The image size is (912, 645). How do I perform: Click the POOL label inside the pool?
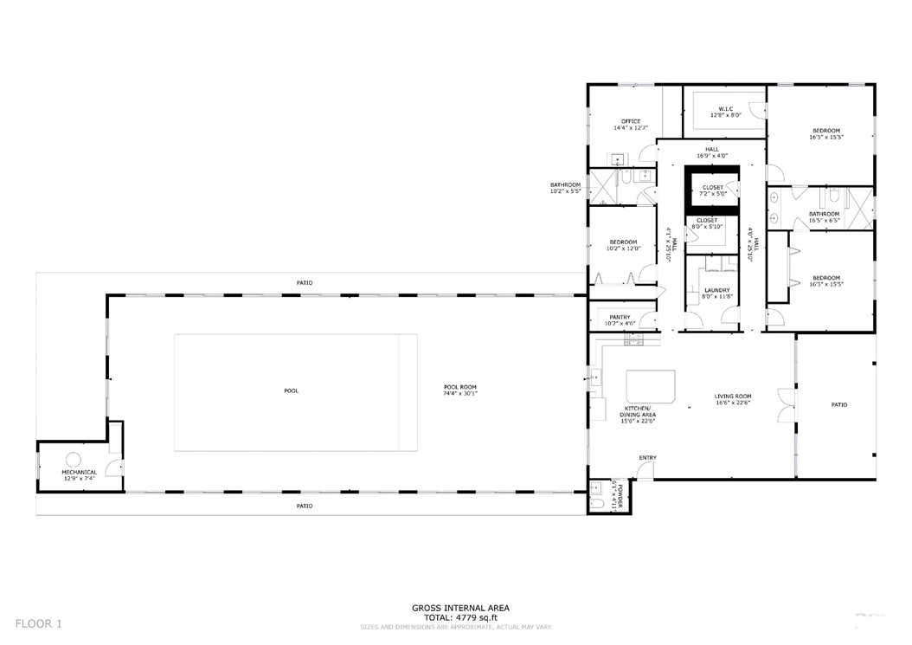(291, 390)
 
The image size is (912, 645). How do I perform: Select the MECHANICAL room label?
(80, 472)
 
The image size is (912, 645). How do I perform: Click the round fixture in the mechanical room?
(74, 459)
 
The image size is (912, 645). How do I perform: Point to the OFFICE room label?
(630, 121)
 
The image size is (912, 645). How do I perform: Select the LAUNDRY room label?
(716, 290)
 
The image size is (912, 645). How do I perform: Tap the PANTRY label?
(620, 317)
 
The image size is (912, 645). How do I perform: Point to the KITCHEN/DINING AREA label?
(637, 414)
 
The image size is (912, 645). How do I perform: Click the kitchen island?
(649, 383)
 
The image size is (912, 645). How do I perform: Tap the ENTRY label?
(647, 457)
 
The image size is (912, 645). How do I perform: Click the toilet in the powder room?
(598, 502)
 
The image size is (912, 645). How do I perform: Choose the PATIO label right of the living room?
(838, 404)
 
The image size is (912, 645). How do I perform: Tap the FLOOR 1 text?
(40, 622)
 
